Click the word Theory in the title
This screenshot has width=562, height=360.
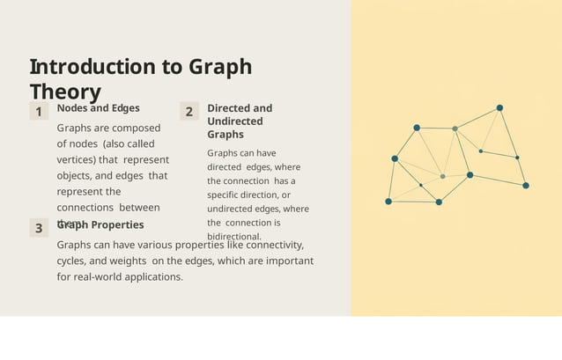pos(65,92)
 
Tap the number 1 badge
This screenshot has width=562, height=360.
pos(39,112)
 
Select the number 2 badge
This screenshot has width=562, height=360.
pos(189,112)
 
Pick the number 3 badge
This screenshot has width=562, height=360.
pos(39,229)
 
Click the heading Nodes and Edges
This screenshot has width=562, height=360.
pos(98,108)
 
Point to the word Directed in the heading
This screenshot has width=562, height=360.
pos(228,108)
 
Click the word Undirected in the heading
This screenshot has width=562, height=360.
pos(234,121)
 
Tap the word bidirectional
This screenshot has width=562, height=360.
pos(234,237)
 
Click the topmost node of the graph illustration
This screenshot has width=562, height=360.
pos(499,108)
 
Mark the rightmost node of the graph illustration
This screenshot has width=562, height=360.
pos(526,186)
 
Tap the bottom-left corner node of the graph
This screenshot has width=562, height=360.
pos(388,202)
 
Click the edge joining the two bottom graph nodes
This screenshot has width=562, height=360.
pos(413,202)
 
